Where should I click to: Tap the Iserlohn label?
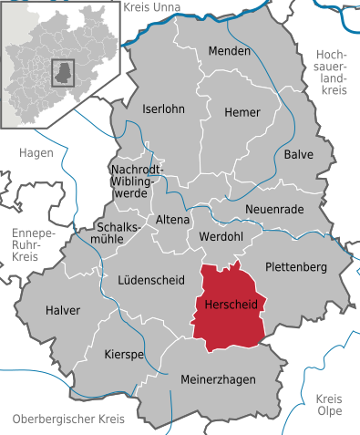tap(163, 109)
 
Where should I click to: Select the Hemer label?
tap(242, 111)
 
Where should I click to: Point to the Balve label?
tap(298, 154)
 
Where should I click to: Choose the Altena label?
tap(173, 220)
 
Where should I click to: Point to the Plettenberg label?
tap(296, 266)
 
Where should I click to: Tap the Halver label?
tap(63, 310)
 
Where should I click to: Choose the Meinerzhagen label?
tap(218, 378)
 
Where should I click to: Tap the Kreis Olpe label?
tap(329, 406)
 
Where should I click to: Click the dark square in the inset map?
tap(63, 72)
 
